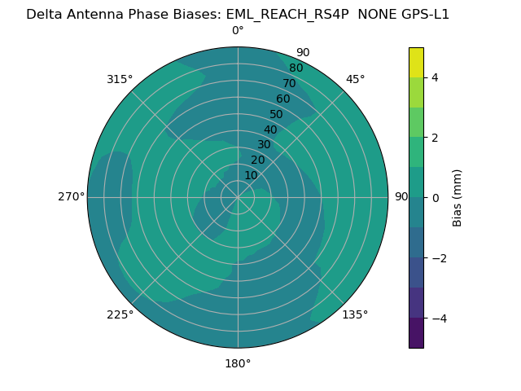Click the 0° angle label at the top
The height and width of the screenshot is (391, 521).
[238, 31]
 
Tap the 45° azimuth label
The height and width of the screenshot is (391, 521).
[355, 79]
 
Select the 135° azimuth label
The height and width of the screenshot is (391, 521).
[355, 314]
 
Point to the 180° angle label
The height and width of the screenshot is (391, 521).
[238, 363]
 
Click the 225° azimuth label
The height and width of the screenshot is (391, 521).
[120, 314]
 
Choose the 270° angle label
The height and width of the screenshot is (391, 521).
[71, 197]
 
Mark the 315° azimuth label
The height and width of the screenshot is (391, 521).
[120, 79]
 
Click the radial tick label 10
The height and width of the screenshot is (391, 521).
[251, 175]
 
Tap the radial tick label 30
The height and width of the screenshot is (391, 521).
[264, 145]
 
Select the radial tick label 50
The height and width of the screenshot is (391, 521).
[277, 115]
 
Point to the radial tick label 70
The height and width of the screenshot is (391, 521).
[289, 84]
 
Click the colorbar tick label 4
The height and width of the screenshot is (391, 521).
[435, 77]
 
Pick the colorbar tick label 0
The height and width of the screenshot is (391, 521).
[435, 197]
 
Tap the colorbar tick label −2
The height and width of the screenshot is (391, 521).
[437, 257]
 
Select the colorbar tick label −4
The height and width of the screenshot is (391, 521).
[437, 318]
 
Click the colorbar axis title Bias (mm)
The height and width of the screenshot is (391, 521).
[458, 197]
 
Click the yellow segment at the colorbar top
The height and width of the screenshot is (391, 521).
[416, 62]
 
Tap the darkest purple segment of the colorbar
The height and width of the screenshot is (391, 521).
[416, 332]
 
